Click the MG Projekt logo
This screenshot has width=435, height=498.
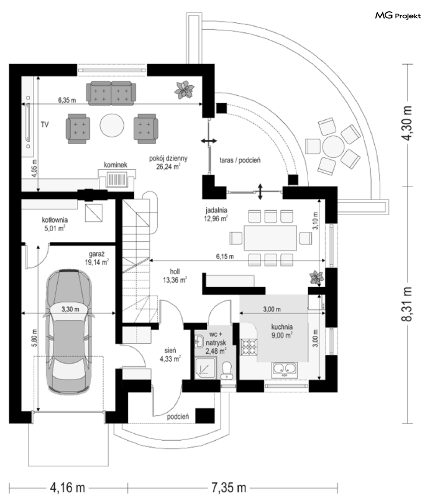398,15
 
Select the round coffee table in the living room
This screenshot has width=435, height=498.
112,125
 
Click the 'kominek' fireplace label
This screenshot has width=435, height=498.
115,165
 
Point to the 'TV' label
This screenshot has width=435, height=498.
45,125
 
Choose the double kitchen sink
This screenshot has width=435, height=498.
285,369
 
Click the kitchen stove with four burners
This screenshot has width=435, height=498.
249,347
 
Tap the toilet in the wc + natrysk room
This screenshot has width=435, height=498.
227,370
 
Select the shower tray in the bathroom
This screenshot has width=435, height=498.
205,368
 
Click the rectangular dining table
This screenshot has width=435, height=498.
270,238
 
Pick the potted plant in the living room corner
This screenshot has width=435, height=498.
184,90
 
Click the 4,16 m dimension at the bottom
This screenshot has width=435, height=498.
68,487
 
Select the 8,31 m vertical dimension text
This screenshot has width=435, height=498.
407,304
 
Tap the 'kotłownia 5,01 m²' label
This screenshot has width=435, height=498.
55,224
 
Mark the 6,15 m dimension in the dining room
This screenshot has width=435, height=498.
225,256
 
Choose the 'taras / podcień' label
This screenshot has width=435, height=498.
240,160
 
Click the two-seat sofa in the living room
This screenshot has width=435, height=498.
111,93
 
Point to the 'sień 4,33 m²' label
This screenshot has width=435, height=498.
171,355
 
